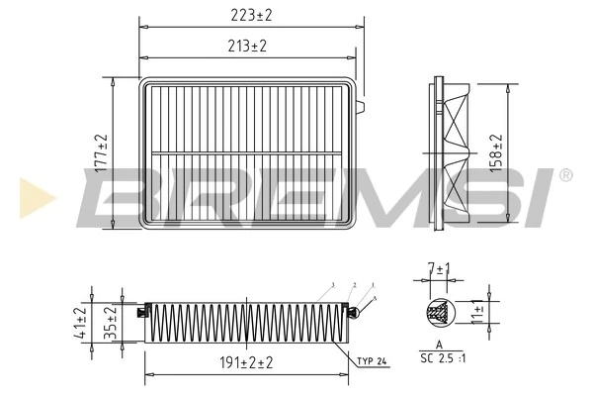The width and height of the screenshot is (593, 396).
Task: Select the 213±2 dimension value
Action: click(247, 46)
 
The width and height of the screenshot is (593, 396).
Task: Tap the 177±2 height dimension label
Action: click(102, 153)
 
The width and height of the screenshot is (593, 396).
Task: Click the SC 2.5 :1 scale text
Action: click(442, 355)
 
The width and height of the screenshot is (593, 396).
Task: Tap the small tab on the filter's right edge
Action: click(361, 104)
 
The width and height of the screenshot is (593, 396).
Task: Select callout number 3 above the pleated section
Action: click(334, 284)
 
